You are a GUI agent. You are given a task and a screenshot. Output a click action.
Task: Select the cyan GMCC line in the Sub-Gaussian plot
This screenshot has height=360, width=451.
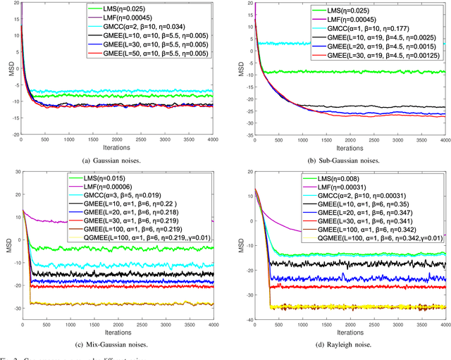click(x=352, y=44)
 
